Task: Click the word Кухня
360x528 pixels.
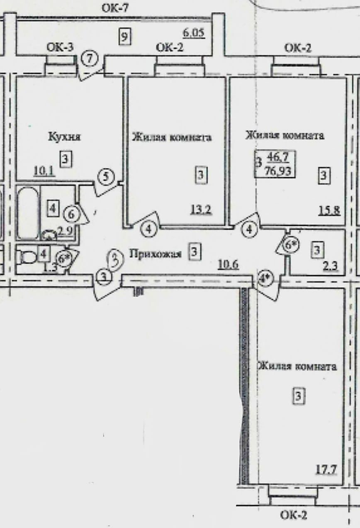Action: click(64, 137)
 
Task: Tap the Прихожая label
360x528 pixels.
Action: click(155, 253)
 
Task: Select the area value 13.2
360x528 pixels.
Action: click(201, 209)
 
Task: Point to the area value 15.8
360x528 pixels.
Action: click(330, 210)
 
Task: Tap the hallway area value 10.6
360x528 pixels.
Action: click(228, 264)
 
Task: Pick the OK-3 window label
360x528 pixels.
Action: click(60, 46)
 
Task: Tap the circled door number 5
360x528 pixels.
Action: click(106, 177)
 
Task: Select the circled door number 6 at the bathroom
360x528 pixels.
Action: click(71, 214)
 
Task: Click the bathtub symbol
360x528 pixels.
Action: click(28, 213)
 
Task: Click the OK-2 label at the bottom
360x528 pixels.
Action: click(293, 516)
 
